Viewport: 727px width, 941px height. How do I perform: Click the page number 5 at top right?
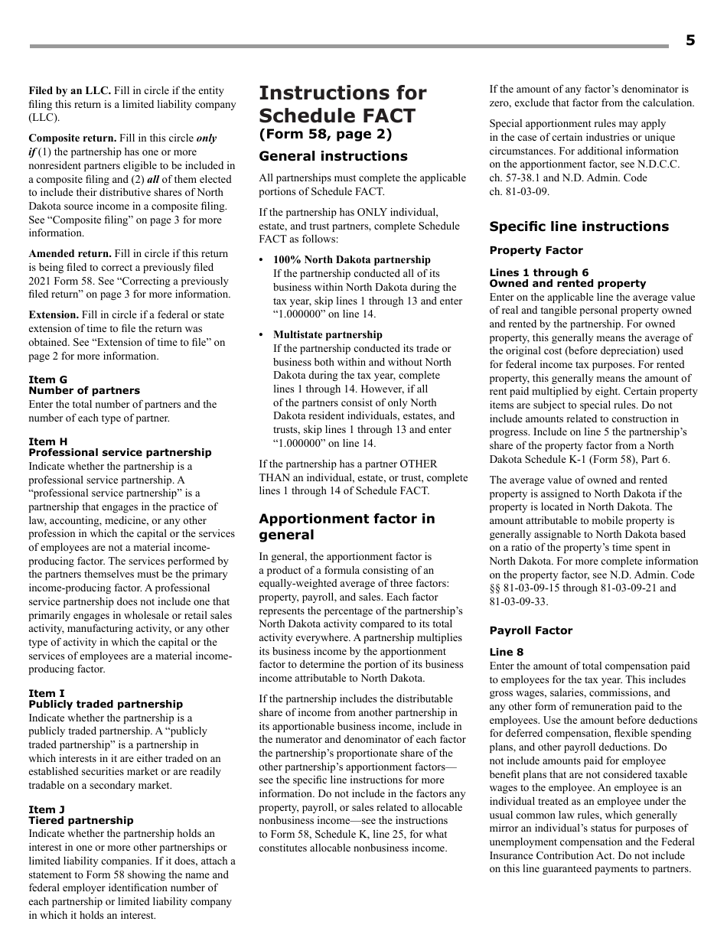pos(690,41)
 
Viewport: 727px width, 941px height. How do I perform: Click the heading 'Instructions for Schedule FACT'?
pos(342,104)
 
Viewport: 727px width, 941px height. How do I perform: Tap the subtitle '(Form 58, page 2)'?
pos(325,135)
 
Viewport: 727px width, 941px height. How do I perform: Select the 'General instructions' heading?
pos(333,156)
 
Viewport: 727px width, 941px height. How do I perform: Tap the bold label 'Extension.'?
pos(54,315)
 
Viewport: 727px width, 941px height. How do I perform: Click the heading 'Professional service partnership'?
pos(119,452)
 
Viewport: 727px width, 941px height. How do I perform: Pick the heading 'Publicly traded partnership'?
pos(106,704)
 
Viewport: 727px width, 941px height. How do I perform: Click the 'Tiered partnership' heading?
pos(80,820)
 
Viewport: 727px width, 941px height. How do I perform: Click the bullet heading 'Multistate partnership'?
pos(328,334)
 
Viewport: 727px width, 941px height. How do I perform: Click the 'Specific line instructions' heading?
pos(579,226)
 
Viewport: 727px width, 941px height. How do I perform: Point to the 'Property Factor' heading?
pos(536,250)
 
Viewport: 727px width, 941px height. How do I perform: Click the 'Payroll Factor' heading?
pos(530,630)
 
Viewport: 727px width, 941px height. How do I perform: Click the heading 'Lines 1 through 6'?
pos(539,272)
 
